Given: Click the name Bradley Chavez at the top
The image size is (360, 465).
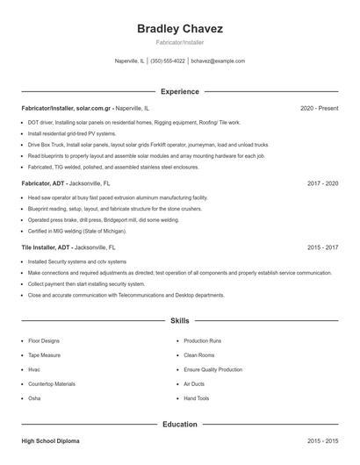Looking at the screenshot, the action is (180, 29).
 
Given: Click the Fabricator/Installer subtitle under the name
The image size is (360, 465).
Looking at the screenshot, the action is (180, 43).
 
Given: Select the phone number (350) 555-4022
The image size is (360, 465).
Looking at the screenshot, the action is (168, 61).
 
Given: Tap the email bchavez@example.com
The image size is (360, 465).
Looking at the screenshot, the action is (218, 61).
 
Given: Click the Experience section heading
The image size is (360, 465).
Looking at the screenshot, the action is (180, 91).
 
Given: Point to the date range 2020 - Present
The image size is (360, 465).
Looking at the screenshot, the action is (319, 108).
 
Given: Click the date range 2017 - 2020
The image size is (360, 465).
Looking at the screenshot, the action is (322, 184).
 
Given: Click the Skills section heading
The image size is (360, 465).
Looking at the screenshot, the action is (180, 322).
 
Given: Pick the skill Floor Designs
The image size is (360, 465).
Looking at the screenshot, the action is (44, 340).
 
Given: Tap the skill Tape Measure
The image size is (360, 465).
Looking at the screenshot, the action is (45, 355).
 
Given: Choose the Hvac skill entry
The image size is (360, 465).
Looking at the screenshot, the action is (34, 369).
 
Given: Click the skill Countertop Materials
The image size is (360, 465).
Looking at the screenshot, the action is (52, 384).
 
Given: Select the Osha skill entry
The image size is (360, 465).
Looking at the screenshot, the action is (34, 398).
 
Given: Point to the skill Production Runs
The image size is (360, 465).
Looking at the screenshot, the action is (202, 340).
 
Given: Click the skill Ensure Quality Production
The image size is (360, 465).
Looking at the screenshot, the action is (212, 369).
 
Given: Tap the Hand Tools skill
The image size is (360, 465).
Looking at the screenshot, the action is (197, 398).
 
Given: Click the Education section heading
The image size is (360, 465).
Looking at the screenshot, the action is (180, 425).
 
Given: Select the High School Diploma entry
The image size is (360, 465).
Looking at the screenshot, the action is (52, 441).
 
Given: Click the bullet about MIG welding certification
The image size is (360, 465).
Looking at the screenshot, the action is (77, 231).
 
